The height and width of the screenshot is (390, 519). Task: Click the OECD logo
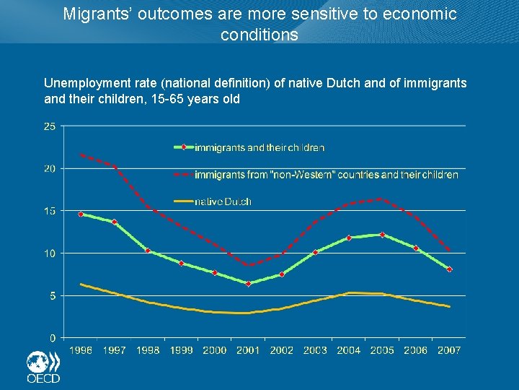43,367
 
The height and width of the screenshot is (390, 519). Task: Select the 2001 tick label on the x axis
248,350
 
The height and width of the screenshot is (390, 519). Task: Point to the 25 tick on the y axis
50,126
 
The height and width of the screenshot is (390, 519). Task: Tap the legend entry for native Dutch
223,201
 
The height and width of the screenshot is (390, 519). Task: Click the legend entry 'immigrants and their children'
259,147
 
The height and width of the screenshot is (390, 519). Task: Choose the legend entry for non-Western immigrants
326,175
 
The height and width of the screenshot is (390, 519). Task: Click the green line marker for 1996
81,214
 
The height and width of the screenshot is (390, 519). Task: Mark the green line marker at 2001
248,284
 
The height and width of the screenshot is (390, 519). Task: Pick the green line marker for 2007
450,269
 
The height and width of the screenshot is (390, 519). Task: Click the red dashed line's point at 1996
81,155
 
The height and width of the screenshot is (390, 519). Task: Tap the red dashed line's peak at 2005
382,199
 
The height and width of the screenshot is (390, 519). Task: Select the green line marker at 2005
382,235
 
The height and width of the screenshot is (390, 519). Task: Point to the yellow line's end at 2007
450,307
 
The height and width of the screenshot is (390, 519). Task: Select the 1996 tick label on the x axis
81,350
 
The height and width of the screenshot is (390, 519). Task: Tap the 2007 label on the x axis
449,350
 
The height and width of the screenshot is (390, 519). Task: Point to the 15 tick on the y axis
50,211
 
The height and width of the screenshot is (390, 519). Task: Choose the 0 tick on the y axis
53,337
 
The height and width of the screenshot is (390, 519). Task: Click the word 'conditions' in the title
259,35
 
